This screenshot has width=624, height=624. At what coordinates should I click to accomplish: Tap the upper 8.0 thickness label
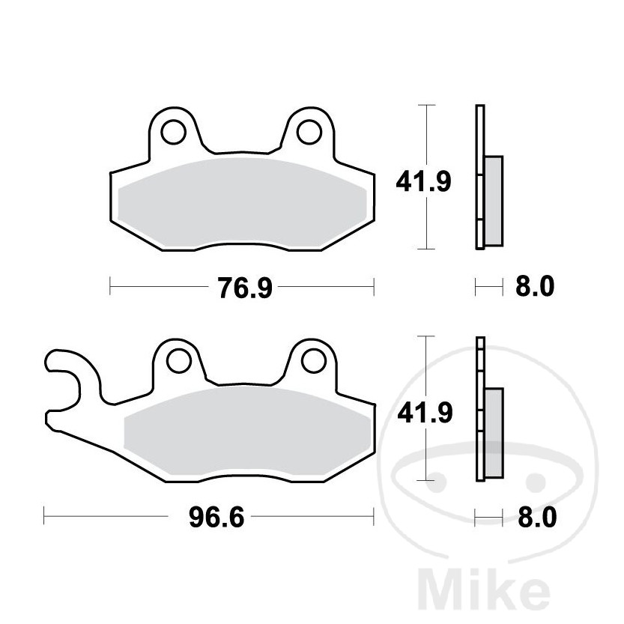click(535, 287)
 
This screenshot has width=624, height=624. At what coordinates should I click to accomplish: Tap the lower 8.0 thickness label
click(535, 517)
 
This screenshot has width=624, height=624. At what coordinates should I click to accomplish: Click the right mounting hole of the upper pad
click(308, 132)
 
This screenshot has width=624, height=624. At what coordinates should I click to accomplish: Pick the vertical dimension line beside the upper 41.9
click(426, 225)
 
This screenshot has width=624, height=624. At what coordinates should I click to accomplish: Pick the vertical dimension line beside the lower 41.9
click(426, 457)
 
